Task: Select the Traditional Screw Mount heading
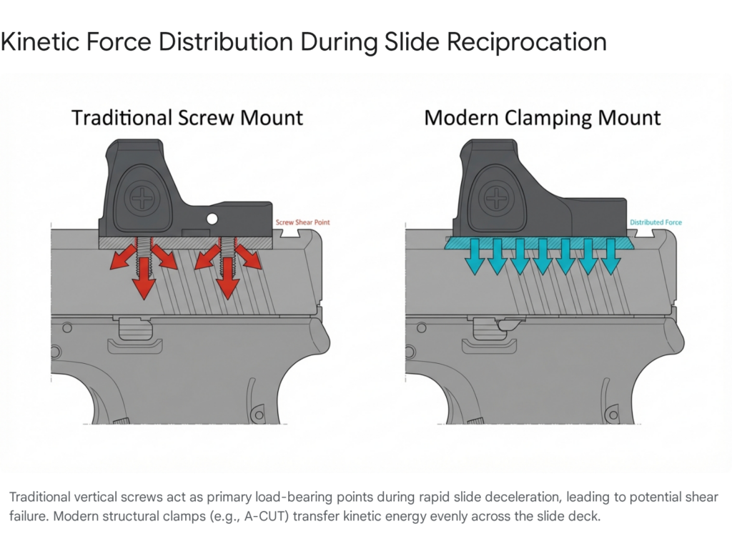[x=187, y=117]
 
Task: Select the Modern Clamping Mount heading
[x=543, y=117]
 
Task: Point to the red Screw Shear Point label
[x=303, y=222]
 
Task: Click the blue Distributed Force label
[x=656, y=222]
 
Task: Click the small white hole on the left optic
[x=212, y=218]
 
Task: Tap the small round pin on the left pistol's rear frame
[x=66, y=327]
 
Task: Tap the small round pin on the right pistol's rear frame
[x=421, y=327]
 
